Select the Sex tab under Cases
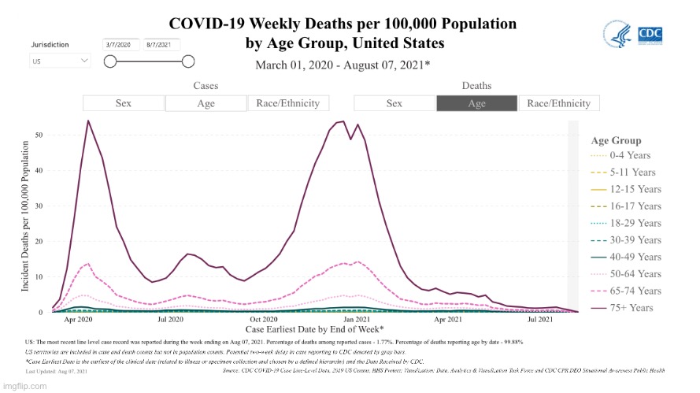[124, 103]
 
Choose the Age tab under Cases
[206, 103]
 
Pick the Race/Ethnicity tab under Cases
[288, 103]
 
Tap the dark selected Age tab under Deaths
[476, 103]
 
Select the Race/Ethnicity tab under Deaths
[559, 103]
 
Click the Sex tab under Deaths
[394, 103]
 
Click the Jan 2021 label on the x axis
[357, 321]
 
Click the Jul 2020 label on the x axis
[171, 321]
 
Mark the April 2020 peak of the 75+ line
[88, 120]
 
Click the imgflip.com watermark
[25, 386]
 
